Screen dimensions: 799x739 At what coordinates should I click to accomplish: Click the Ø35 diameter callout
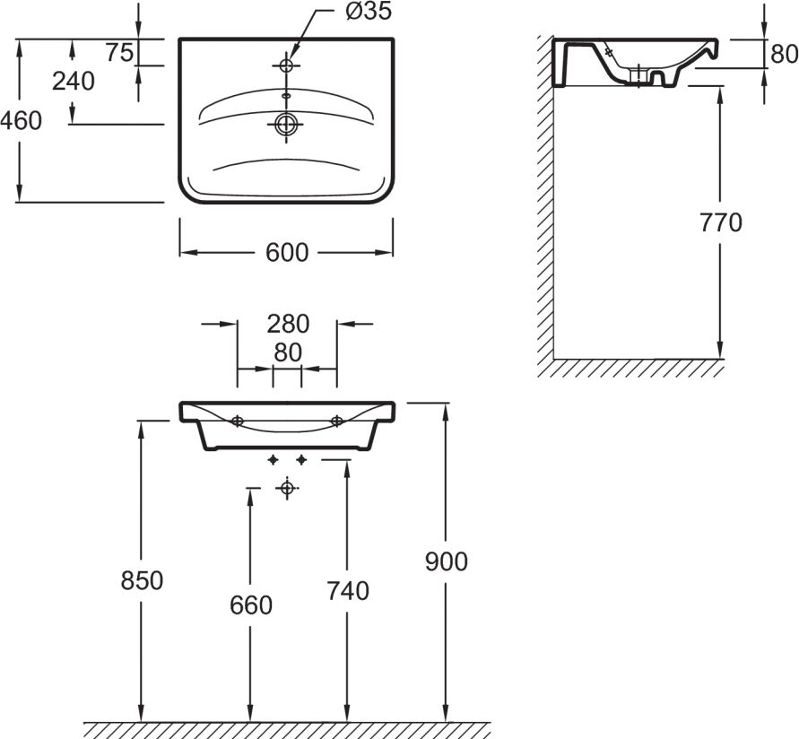(x=369, y=12)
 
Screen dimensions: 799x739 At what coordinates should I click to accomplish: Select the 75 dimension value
(x=120, y=52)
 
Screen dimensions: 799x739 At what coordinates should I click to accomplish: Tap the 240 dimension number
(x=74, y=81)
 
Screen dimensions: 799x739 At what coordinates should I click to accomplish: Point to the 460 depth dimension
(x=21, y=121)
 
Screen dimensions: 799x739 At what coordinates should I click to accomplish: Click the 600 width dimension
(x=287, y=253)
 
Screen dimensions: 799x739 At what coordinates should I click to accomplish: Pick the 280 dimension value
(x=288, y=324)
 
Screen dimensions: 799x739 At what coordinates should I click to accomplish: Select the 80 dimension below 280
(x=288, y=352)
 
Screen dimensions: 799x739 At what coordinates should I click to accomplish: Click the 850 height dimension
(x=142, y=580)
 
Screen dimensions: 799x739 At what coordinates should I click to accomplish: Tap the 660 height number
(x=251, y=605)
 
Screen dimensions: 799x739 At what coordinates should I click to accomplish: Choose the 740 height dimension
(x=348, y=591)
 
